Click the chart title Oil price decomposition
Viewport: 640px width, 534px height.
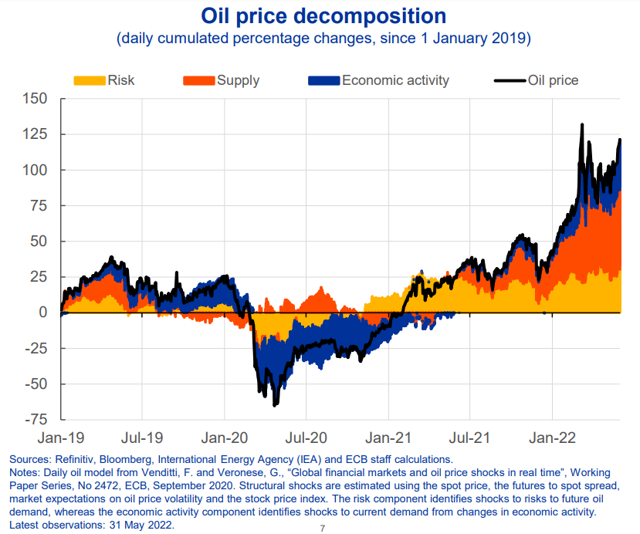323,15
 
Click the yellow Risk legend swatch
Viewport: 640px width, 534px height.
90,80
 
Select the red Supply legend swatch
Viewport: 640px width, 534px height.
198,80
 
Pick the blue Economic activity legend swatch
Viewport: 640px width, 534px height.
323,80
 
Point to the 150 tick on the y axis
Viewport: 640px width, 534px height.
35,99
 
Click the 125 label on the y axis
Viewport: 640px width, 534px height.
35,134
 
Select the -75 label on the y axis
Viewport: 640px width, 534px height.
33,420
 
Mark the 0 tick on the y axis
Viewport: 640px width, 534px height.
42,313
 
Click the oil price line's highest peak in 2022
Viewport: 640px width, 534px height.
581,124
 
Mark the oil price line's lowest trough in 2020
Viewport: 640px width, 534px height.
275,405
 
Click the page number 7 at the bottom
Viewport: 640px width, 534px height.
322,529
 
